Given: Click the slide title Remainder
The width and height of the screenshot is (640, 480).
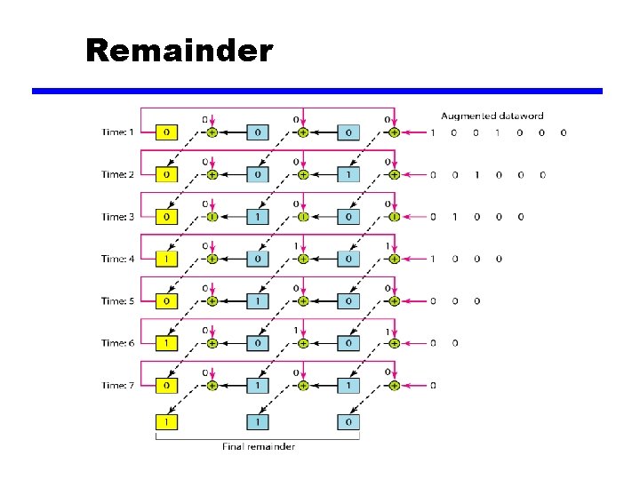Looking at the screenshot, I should [x=179, y=52].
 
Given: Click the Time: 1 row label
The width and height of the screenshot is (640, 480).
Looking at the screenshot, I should [x=118, y=132].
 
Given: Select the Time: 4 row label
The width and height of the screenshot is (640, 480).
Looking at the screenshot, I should [x=118, y=259].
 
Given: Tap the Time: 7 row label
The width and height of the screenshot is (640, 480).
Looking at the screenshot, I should [x=118, y=386].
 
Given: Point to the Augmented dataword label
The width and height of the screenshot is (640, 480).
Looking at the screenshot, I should [x=492, y=116].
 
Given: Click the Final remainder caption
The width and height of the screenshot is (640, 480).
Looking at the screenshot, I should [x=258, y=446].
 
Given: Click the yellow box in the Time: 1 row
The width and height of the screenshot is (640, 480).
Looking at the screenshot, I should [x=166, y=132].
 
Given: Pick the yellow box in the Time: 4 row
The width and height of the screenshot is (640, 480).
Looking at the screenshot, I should [x=166, y=259].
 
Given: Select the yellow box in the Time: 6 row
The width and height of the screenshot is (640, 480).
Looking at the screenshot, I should [x=166, y=343].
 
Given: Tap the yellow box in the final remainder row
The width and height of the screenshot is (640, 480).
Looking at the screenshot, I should [x=166, y=420].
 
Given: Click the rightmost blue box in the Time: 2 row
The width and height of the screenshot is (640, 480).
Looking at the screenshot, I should [x=348, y=175].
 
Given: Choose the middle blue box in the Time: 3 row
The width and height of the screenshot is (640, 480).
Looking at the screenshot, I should [x=257, y=217].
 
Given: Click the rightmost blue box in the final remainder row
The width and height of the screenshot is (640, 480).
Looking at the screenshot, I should [x=348, y=420].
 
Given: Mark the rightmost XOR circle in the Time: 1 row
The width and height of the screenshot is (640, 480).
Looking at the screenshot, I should [x=394, y=132].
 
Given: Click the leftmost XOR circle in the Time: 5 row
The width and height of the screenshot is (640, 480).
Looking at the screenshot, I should [x=212, y=301].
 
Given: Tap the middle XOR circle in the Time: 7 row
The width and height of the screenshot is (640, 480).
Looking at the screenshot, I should [x=303, y=386].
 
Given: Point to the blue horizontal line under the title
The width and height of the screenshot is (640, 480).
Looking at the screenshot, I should [x=317, y=91].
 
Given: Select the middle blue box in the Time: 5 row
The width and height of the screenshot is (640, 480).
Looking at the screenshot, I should [x=257, y=301].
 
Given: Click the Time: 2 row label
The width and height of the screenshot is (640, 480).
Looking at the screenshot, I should [x=118, y=175].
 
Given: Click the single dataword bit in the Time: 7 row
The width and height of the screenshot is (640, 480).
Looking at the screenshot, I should [x=433, y=386].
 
